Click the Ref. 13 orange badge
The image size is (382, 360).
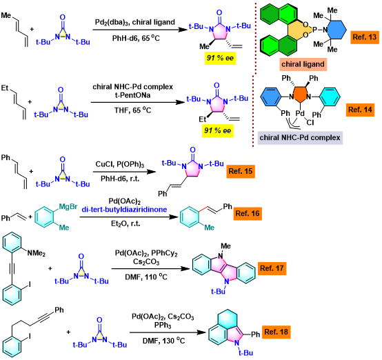tap(365, 37)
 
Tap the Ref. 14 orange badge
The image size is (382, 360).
tap(360, 110)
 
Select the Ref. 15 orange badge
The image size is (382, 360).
tap(241, 171)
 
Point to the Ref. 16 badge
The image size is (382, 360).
tap(248, 214)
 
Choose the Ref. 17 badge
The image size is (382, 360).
tap(272, 268)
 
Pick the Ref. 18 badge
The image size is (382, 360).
tap(277, 332)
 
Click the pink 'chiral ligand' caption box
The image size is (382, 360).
tap(303, 64)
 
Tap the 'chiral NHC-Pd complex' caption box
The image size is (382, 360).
tap(300, 138)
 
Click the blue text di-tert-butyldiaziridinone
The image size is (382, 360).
tap(124, 210)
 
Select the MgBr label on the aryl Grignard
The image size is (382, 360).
tap(68, 207)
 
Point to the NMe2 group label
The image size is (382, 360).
tap(36, 253)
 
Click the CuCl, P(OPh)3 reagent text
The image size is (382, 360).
tap(120, 165)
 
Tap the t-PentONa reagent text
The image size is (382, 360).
tap(132, 95)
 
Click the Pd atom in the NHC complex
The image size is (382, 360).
tap(300, 113)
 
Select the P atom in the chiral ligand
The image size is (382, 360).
tap(314, 30)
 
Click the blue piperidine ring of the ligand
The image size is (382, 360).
tap(336, 30)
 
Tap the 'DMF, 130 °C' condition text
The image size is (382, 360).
tap(163, 340)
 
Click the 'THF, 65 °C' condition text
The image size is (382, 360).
tap(133, 110)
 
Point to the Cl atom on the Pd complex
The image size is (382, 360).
tap(310, 122)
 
